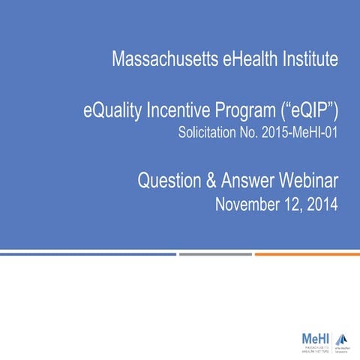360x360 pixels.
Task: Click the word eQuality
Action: tap(113, 112)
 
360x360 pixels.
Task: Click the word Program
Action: tap(248, 112)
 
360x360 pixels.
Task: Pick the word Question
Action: tap(168, 180)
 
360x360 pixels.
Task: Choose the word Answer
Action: tap(248, 180)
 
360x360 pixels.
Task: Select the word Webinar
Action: tap(311, 180)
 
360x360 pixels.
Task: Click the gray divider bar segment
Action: tap(215, 253)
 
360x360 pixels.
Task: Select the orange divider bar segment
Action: tap(307, 253)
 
